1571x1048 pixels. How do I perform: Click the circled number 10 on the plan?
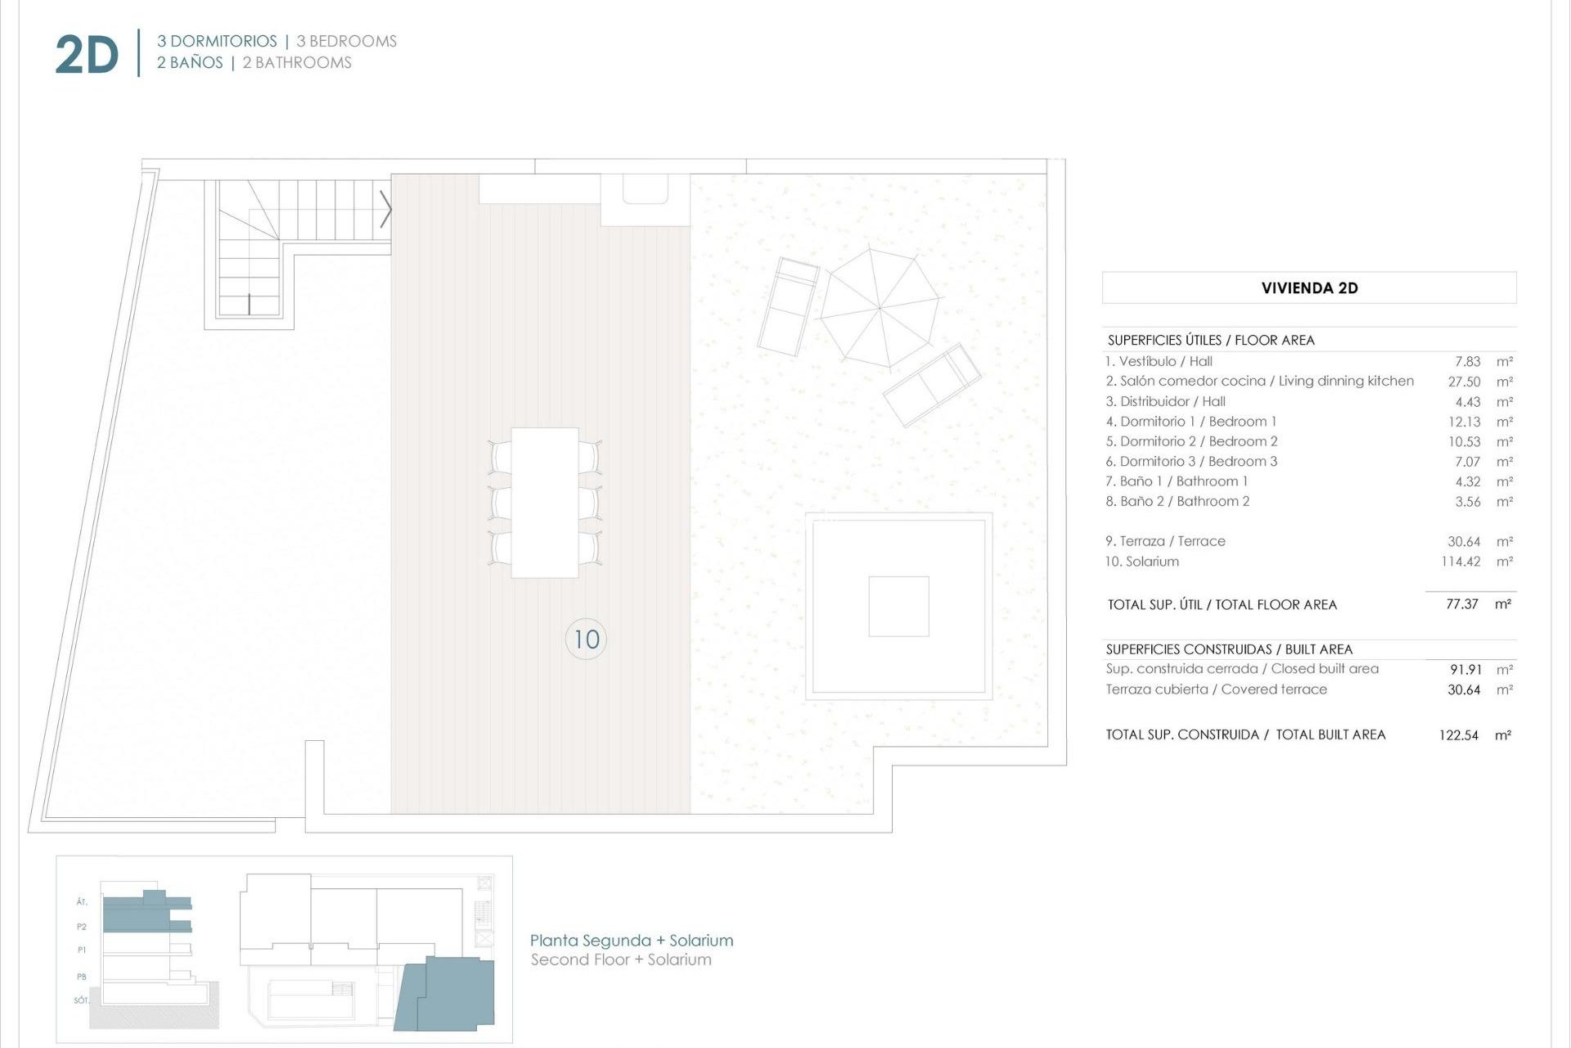[x=586, y=639]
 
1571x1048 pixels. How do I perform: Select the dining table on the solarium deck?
[x=544, y=502]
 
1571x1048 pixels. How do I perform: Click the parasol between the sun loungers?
[x=880, y=308]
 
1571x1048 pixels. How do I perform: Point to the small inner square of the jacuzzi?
[x=898, y=607]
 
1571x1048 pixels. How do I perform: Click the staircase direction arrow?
[x=385, y=210]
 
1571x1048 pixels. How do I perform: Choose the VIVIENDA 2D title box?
[x=1308, y=288]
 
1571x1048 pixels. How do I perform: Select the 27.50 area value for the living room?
[x=1464, y=382]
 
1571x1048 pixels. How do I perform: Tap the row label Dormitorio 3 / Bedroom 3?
[x=1191, y=462]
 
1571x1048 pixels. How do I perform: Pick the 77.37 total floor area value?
[x=1461, y=604]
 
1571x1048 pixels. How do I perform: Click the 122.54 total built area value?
[x=1458, y=735]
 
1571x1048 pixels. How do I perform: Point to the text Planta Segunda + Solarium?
[x=631, y=941]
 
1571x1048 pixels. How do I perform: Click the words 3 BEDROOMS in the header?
[x=346, y=42]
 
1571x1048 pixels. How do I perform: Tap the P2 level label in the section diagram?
[x=82, y=927]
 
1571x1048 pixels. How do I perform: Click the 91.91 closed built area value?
[x=1465, y=670]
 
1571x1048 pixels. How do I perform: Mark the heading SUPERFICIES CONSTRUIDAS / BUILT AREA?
[x=1229, y=649]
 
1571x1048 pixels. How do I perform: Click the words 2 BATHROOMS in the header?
[x=297, y=63]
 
